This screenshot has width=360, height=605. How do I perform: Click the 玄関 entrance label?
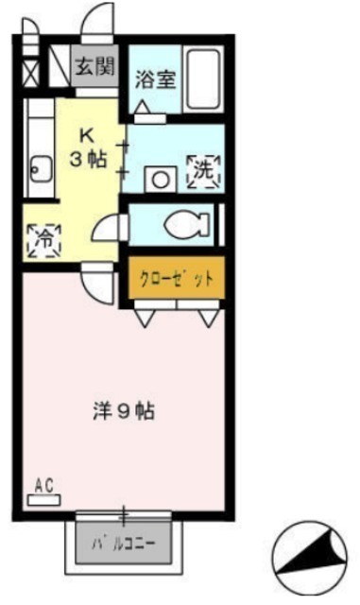coord(94,67)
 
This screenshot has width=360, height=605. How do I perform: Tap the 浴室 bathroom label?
coord(156,78)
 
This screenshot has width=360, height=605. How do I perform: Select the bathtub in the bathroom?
coord(203,79)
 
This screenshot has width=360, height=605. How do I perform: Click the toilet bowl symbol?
coord(186,224)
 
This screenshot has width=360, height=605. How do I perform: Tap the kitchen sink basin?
coord(41,169)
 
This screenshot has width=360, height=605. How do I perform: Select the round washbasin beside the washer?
coord(161,180)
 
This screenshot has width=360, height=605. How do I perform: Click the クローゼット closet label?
coord(176,278)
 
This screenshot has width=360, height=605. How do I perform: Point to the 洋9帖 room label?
coord(124,411)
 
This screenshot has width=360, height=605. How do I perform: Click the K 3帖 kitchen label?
coord(88,147)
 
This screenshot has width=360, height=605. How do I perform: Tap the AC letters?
coord(44,486)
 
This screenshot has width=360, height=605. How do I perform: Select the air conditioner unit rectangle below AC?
coord(44,500)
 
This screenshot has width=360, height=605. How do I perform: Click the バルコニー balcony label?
coord(124,544)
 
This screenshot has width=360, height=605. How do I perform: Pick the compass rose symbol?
coord(310,558)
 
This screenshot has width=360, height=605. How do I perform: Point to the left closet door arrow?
coord(145,319)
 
